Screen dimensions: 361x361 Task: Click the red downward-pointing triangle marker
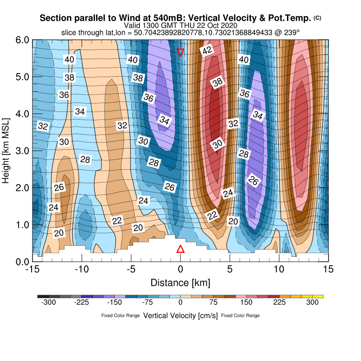[x=180, y=52]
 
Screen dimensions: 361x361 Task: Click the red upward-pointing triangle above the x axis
[x=180, y=249]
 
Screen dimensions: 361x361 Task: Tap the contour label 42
[x=207, y=51]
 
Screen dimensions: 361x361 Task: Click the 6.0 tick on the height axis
[x=22, y=40]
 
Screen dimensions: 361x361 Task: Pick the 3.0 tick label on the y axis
[x=22, y=151]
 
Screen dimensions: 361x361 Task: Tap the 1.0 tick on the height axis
[x=22, y=225]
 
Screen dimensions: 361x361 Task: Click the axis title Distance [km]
[x=180, y=283]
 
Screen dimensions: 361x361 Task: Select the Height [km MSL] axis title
[x=6, y=151]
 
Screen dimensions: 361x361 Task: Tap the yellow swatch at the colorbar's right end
[x=318, y=296]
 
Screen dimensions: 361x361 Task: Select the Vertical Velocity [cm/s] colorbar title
[x=180, y=315]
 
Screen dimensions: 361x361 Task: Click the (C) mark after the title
[x=317, y=18]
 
